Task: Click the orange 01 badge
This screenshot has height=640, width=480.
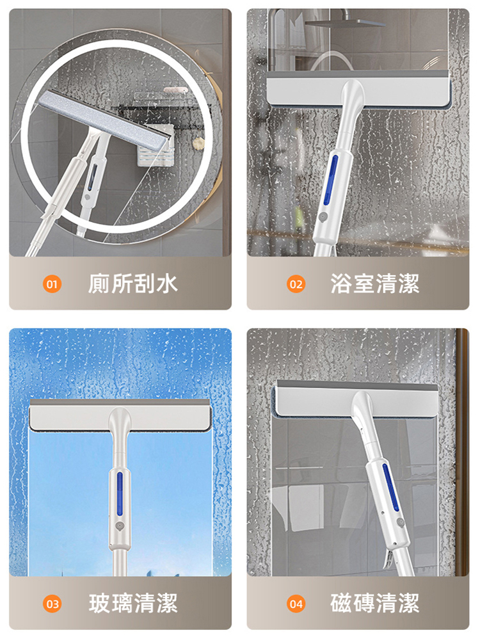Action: (52, 284)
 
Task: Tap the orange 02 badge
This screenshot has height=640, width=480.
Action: (296, 284)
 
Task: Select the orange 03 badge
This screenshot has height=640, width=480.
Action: (52, 603)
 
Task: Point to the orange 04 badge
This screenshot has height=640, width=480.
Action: (296, 603)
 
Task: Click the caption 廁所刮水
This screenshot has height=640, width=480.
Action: (132, 284)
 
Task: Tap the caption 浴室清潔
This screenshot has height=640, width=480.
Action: (375, 284)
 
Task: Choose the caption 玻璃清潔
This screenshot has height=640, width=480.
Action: (132, 603)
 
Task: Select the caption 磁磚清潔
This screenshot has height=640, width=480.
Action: (375, 603)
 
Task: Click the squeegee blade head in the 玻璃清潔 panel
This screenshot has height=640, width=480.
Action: (120, 417)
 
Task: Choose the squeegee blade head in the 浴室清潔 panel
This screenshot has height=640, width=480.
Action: (358, 87)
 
